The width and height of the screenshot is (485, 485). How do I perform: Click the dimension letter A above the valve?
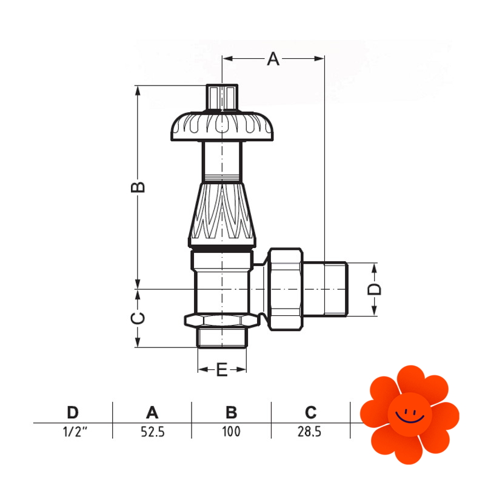(x=273, y=59)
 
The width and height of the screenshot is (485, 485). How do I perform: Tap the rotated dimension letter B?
(x=138, y=187)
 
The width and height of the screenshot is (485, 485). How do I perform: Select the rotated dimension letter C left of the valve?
(x=138, y=318)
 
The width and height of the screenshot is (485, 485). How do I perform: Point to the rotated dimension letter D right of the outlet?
(x=374, y=289)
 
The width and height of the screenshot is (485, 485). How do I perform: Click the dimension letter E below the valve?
(x=222, y=369)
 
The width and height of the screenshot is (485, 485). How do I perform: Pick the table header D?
(x=73, y=412)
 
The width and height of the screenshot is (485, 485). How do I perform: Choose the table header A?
(x=152, y=412)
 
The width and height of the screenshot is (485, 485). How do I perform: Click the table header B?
(x=232, y=412)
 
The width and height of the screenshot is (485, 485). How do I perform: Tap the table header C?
(x=310, y=412)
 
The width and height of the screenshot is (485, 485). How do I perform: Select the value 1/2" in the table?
(x=75, y=432)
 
